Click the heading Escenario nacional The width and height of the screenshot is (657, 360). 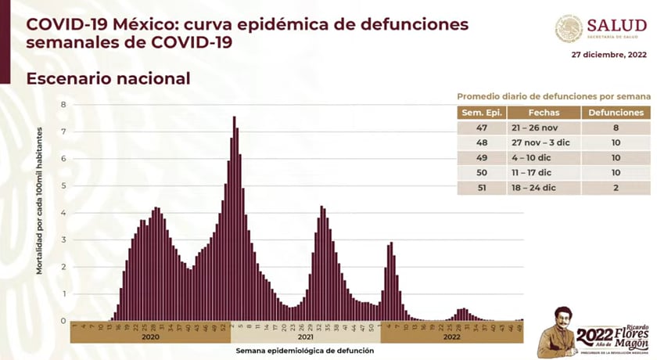(108, 79)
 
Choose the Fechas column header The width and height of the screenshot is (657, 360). (544, 113)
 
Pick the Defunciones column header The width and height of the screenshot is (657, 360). (617, 113)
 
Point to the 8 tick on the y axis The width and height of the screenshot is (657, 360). (63, 104)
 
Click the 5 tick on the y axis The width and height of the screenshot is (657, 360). (63, 185)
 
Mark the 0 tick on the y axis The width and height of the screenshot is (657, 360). (63, 320)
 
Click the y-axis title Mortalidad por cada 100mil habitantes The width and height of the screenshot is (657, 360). (38, 212)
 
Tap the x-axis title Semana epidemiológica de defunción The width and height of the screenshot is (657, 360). (304, 351)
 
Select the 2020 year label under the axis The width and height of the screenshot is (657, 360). (151, 338)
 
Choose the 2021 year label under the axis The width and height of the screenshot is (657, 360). (305, 338)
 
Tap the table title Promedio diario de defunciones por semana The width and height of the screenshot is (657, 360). (554, 95)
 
